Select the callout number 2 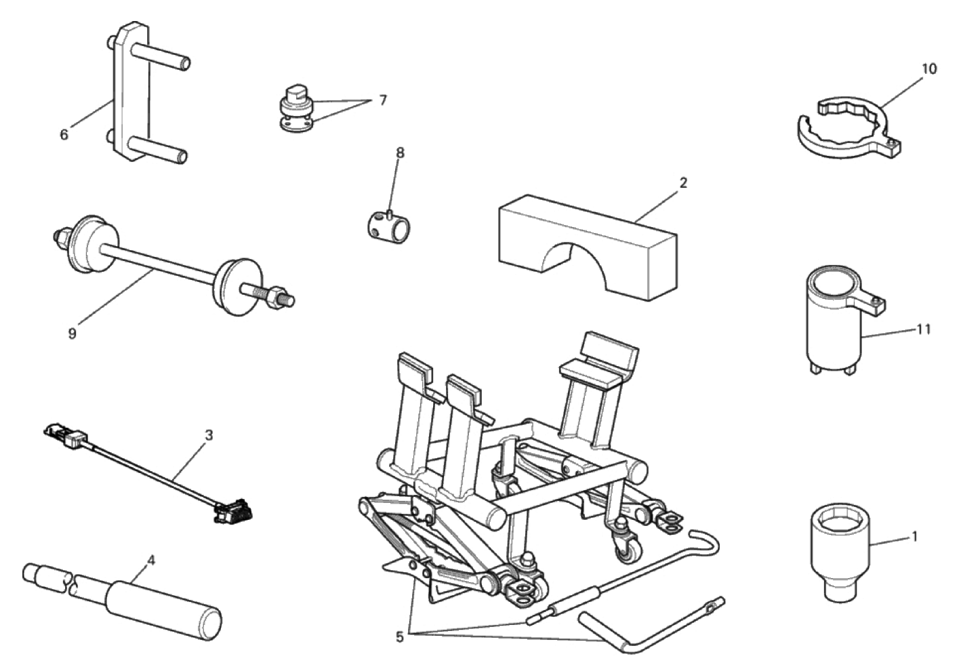pyautogui.click(x=683, y=182)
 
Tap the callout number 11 pyautogui.click(x=924, y=329)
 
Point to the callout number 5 pyautogui.click(x=399, y=638)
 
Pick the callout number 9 pyautogui.click(x=73, y=334)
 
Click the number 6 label pyautogui.click(x=64, y=135)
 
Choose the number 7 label pyautogui.click(x=383, y=101)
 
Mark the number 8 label pyautogui.click(x=400, y=153)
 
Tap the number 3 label pyautogui.click(x=209, y=435)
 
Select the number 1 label pyautogui.click(x=914, y=537)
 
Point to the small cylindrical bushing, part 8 pyautogui.click(x=389, y=226)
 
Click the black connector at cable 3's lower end pyautogui.click(x=234, y=511)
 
